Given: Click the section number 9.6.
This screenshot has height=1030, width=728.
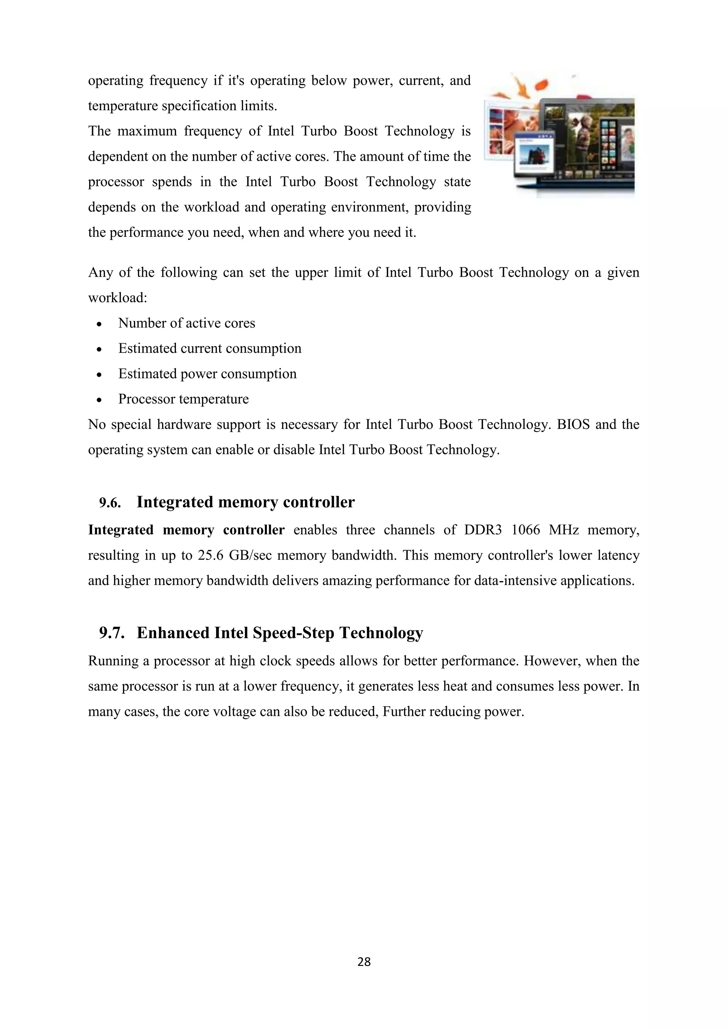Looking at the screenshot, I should [x=110, y=503].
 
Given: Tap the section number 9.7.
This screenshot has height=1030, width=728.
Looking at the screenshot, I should [x=112, y=633].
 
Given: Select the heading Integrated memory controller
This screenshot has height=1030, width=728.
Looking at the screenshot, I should [x=245, y=502].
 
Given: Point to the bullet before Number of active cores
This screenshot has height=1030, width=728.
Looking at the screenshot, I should [x=99, y=324].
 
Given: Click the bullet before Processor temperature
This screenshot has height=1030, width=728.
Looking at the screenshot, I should [x=99, y=400].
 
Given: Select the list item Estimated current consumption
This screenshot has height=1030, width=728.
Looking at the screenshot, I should [x=209, y=349].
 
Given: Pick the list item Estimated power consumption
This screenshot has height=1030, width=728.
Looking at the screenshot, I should [x=207, y=374].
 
